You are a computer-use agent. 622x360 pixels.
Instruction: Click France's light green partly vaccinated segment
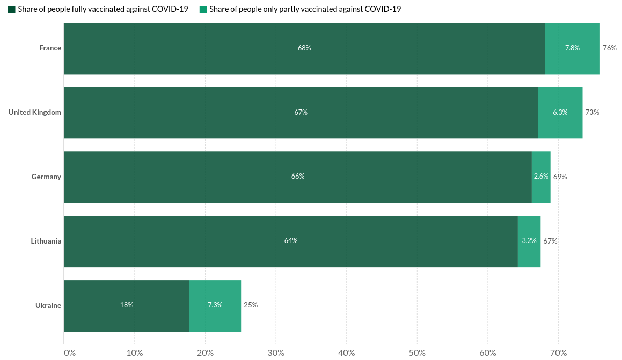[572, 48]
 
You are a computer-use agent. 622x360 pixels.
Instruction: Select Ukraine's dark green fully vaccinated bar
[126, 305]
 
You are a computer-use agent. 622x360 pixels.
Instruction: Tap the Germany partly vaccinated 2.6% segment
[541, 177]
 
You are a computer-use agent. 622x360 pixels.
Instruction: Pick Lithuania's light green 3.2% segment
[529, 241]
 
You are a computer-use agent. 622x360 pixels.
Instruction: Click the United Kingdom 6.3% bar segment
[560, 113]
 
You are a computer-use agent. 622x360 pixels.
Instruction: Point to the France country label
[50, 48]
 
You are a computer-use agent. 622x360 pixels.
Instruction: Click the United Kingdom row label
[35, 113]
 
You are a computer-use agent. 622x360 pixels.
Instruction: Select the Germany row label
[46, 177]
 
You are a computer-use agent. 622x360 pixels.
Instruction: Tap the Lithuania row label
[46, 241]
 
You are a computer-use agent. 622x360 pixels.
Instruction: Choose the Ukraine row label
[48, 305]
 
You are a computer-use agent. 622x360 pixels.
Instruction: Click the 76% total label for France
[610, 48]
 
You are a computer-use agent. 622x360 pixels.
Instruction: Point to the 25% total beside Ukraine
[251, 305]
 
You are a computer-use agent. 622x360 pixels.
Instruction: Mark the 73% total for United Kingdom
[592, 113]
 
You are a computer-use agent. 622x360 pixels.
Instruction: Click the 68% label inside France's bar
[304, 48]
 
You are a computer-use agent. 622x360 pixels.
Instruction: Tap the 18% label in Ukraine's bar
[127, 305]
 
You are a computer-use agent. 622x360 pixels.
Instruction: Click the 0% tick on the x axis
[70, 353]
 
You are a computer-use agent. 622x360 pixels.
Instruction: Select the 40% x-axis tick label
[347, 353]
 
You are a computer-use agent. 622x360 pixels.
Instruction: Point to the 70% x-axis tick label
[559, 353]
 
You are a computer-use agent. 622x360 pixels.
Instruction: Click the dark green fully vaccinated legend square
[12, 9]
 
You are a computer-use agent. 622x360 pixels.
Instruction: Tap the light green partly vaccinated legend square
[203, 9]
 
